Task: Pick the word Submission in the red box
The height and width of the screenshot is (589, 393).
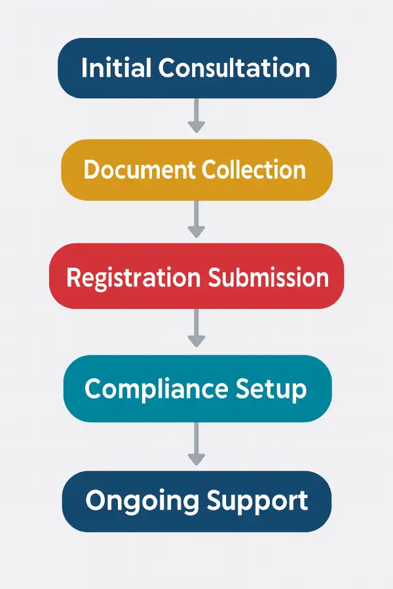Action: pyautogui.click(x=269, y=277)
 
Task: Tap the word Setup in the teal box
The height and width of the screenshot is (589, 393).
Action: pyautogui.click(x=271, y=390)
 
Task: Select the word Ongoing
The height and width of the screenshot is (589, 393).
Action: pyautogui.click(x=141, y=502)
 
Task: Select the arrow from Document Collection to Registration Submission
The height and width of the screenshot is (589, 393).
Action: pyautogui.click(x=196, y=220)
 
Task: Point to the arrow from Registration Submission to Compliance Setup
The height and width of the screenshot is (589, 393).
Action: pyautogui.click(x=196, y=329)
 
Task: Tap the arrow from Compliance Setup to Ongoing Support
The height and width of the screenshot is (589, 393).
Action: pyautogui.click(x=196, y=445)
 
